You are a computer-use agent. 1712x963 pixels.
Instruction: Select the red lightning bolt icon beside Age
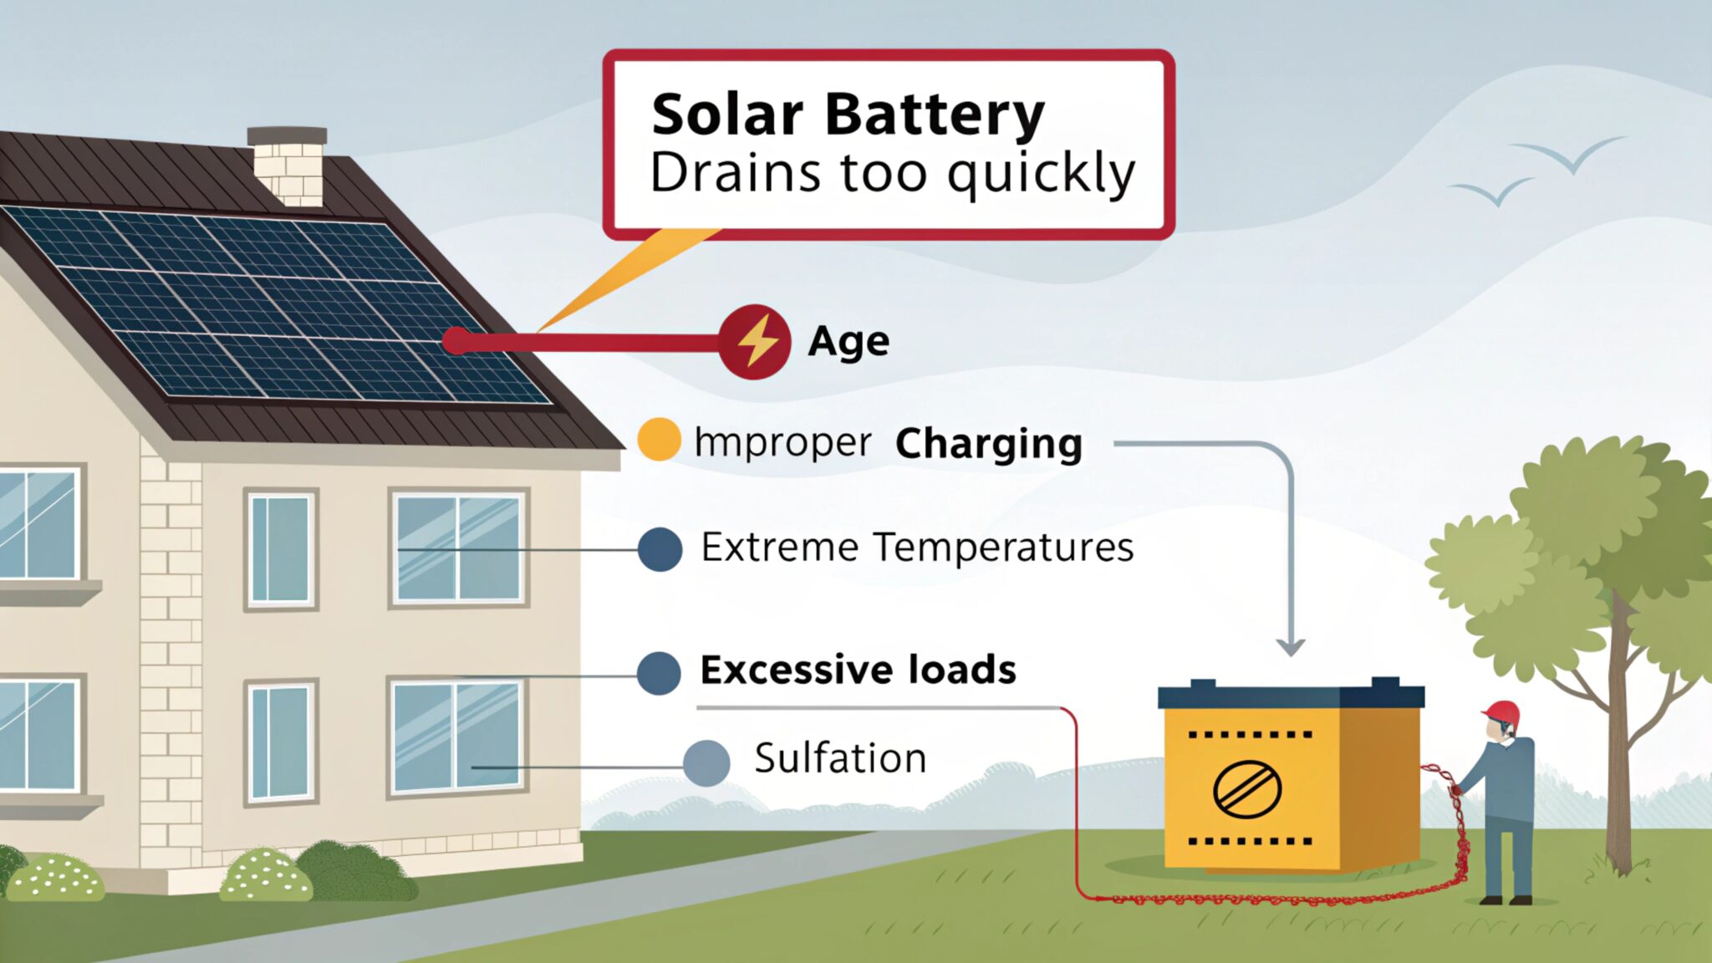click(x=754, y=341)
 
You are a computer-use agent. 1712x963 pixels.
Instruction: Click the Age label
click(x=848, y=342)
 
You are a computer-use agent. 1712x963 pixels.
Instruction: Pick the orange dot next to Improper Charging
click(x=659, y=440)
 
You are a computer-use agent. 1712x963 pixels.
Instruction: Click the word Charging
click(x=988, y=443)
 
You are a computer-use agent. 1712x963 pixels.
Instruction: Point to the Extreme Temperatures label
click(x=917, y=548)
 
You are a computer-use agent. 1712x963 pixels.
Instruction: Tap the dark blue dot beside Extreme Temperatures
click(x=660, y=549)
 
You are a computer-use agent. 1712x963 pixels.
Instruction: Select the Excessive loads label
click(x=858, y=670)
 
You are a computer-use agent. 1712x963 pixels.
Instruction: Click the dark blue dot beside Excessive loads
click(x=659, y=673)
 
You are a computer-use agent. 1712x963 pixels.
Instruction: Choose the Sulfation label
click(x=840, y=758)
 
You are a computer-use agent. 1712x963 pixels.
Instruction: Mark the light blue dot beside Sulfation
click(x=706, y=762)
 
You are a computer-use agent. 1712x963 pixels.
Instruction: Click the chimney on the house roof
click(x=288, y=166)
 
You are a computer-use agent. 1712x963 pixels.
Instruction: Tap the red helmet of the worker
click(x=1502, y=712)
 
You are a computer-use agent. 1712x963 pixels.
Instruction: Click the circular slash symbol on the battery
click(x=1247, y=787)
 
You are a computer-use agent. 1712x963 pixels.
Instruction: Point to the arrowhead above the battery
click(x=1291, y=647)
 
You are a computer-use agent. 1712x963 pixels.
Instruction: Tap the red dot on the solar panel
click(x=456, y=341)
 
